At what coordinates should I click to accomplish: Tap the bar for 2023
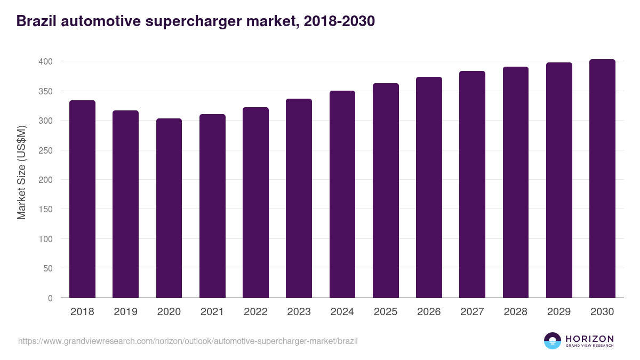[x=299, y=198]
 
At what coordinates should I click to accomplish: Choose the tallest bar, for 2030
[x=602, y=179]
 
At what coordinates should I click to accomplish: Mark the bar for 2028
[x=516, y=182]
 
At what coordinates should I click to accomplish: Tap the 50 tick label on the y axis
[x=47, y=269]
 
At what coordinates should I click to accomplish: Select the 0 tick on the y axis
[x=50, y=298]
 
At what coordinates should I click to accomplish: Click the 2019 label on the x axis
[x=125, y=312]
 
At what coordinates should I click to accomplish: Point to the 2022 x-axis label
[x=255, y=312]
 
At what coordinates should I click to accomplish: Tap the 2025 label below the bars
[x=386, y=312]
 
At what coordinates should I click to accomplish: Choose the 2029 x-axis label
[x=559, y=312]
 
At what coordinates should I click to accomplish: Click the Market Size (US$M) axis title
[x=21, y=172]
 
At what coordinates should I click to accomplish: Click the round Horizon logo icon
[x=553, y=341]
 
